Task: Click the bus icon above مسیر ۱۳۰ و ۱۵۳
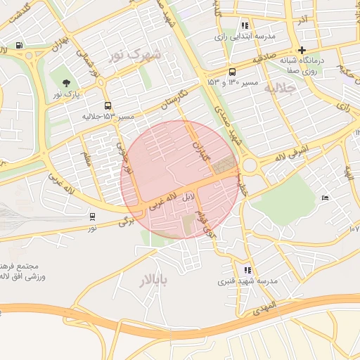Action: (x=233, y=72)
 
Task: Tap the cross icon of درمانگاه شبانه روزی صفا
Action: (x=302, y=50)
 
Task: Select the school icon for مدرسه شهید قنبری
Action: (x=247, y=269)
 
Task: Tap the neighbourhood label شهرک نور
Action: (x=136, y=54)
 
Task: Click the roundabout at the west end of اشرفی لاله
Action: (x=249, y=167)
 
